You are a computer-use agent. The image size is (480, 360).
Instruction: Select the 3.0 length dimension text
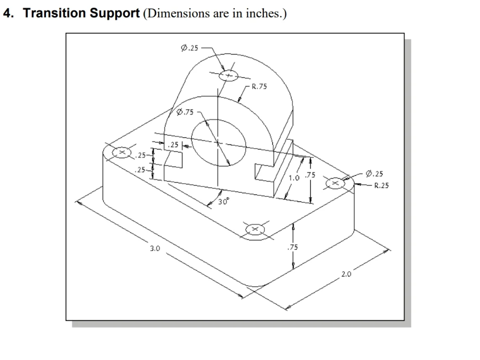(155, 248)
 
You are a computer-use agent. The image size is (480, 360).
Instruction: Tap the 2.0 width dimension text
(346, 275)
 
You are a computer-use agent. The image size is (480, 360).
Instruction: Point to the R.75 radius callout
(259, 87)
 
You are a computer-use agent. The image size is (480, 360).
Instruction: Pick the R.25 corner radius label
(381, 185)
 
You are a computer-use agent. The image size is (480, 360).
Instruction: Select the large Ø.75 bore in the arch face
(218, 143)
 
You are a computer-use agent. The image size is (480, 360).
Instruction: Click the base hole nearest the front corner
(255, 229)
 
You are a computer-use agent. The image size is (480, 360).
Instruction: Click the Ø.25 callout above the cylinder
(189, 48)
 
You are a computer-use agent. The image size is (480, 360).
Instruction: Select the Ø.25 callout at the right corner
(374, 174)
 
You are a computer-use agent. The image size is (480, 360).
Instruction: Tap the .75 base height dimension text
(292, 247)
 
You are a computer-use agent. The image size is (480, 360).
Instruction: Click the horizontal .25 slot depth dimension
(173, 145)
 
